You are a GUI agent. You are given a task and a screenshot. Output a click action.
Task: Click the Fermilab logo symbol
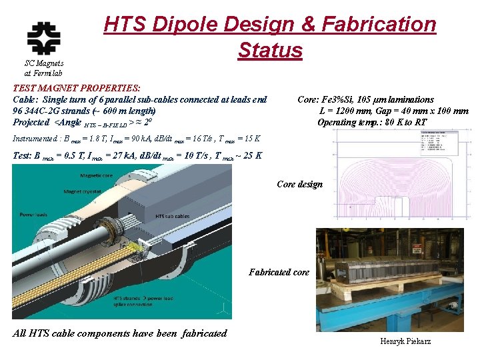coord(43,39)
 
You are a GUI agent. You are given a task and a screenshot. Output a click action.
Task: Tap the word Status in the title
coord(269,50)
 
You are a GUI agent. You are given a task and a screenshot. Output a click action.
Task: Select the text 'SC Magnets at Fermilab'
coord(43,68)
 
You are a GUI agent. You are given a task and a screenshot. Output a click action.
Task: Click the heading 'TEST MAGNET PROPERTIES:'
coord(77,88)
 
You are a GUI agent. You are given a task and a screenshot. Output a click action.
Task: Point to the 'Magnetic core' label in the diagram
coord(97,176)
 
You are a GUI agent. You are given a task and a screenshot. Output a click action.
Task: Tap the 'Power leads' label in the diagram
coord(31,215)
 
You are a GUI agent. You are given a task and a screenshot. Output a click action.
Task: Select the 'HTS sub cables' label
coord(172,216)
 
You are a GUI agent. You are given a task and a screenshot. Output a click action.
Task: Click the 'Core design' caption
coord(299,185)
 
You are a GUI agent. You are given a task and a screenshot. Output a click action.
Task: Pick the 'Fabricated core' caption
coord(279,272)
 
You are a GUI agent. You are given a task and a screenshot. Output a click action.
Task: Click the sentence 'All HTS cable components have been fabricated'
coord(120,333)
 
